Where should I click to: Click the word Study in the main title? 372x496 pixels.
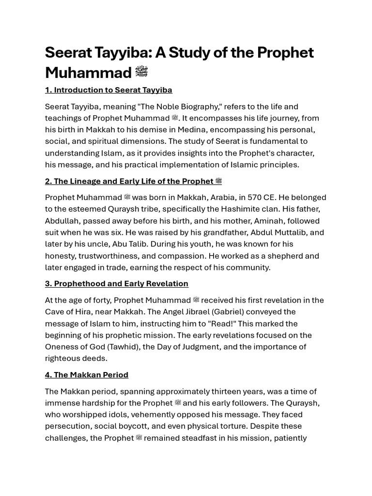click(x=187, y=52)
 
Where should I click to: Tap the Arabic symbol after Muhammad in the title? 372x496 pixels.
click(x=141, y=72)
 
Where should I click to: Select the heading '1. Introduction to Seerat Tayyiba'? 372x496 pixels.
click(x=108, y=90)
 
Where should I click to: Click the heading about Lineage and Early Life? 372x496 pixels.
click(x=133, y=181)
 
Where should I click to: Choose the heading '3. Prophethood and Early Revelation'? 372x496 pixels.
click(x=117, y=284)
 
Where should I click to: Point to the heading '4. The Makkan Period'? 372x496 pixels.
click(x=87, y=375)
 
